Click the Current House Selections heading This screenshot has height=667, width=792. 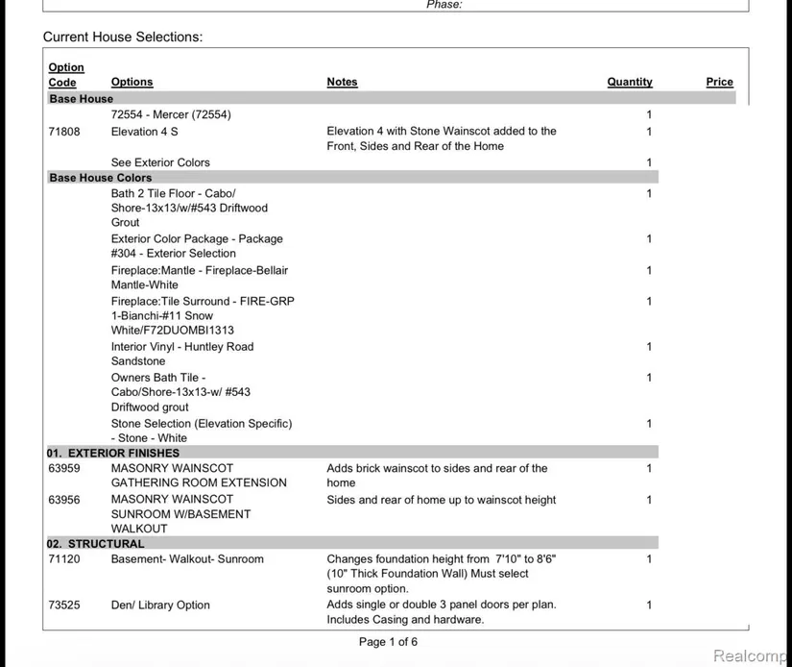123,37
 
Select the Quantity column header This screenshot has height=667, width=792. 630,83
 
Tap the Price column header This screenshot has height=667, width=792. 719,83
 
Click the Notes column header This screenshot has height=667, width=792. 342,83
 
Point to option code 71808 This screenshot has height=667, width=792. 64,132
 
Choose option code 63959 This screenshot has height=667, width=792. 64,469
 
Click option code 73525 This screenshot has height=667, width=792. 64,605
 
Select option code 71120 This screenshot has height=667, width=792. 64,559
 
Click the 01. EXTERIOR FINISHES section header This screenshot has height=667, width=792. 113,453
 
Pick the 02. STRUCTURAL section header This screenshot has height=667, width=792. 96,544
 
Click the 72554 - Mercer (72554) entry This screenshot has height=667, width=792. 171,115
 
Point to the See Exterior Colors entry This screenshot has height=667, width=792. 160,162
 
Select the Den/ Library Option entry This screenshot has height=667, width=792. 160,605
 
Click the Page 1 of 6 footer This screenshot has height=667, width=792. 388,642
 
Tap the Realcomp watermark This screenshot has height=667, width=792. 751,655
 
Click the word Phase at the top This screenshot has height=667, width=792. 444,5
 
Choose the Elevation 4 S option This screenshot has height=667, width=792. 145,132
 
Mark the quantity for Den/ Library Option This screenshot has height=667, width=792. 649,605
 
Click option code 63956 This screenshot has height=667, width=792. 64,500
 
